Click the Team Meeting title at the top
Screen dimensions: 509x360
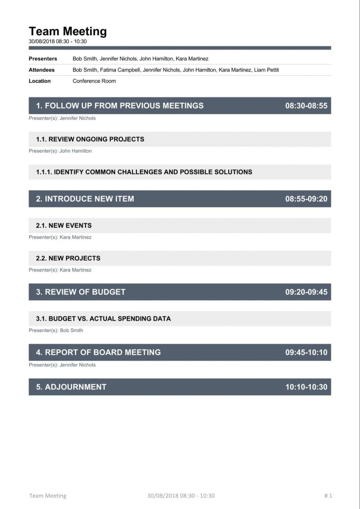[68, 31]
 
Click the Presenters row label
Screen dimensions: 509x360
[43, 59]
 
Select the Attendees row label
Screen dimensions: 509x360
[41, 70]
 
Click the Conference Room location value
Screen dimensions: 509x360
[94, 81]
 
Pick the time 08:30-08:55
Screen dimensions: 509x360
[306, 106]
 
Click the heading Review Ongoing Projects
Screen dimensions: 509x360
[90, 139]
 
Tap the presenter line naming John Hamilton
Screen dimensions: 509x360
[60, 151]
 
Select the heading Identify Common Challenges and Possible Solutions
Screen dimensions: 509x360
[144, 172]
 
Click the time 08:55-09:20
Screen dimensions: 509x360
[306, 199]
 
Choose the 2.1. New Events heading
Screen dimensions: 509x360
[64, 225]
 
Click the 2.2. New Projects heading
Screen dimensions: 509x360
[68, 258]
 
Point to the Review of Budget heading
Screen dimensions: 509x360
[81, 292]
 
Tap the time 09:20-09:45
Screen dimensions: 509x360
[306, 292]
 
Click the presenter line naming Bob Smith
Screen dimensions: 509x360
[56, 330]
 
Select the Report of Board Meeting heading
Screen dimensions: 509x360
[98, 352]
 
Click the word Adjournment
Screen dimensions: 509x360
[76, 387]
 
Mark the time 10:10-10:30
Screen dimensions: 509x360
[306, 387]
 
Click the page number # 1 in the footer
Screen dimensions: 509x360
[328, 496]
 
